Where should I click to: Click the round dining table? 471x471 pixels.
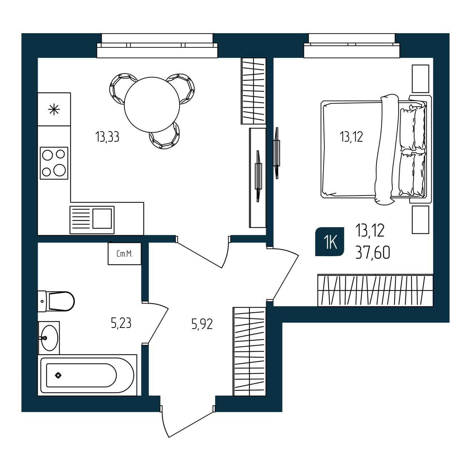point(152,105)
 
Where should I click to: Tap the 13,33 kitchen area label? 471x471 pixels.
point(107,137)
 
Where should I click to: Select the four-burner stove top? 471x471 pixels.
point(54,163)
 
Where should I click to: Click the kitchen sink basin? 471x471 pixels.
point(102,218)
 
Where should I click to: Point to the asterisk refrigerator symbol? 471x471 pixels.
point(54,109)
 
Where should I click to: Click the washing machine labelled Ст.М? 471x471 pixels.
point(125,253)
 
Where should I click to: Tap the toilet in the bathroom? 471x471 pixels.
point(56,301)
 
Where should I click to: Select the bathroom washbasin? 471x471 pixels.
point(49,338)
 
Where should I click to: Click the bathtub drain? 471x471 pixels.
point(58,375)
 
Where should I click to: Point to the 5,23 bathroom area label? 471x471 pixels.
point(121,323)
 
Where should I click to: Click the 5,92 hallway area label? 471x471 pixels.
point(202,324)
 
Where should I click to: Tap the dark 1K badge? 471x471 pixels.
point(329,242)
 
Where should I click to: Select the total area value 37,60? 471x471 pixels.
point(373,253)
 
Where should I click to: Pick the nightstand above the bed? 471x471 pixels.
point(420,79)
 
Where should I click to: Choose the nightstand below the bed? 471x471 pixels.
point(420,219)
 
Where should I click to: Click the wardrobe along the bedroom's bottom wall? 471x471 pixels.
point(375,290)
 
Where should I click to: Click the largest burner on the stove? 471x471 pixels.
point(60,170)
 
